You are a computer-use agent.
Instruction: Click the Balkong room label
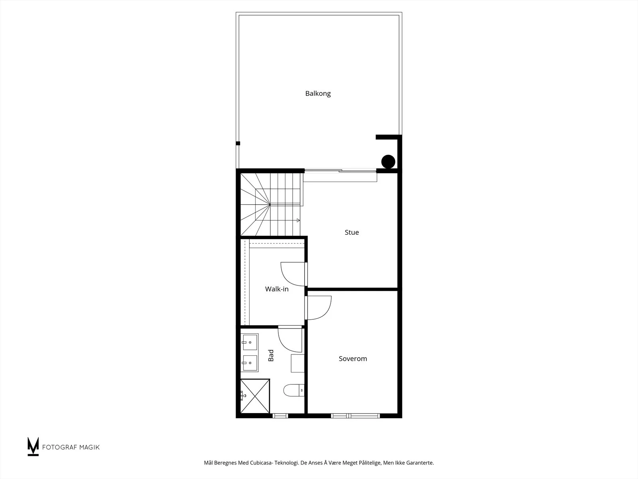tap(318, 94)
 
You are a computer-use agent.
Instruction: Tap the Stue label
tap(352, 232)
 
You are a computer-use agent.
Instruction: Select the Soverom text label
tap(353, 358)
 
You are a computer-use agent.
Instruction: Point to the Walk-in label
tap(277, 289)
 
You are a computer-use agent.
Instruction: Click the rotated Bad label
tap(271, 355)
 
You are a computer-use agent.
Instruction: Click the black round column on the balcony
tap(388, 161)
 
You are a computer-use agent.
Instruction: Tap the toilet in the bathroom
tap(294, 390)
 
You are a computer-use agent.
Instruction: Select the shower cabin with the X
tap(255, 396)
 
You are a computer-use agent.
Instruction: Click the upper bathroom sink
tap(249, 342)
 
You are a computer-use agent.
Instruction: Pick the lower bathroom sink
tap(249, 363)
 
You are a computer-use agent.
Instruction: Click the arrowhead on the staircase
tap(298, 220)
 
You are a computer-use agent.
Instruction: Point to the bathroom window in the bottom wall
tap(280, 416)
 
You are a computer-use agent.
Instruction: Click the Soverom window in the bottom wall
tap(355, 416)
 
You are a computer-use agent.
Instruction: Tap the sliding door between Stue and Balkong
tap(341, 171)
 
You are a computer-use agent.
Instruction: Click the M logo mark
tap(33, 446)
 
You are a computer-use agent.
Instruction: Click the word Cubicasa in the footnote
tap(261, 463)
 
